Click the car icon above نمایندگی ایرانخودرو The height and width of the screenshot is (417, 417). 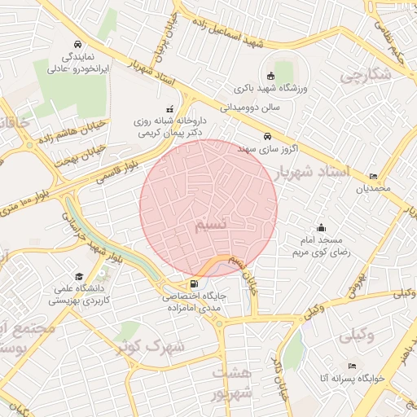click(x=77, y=44)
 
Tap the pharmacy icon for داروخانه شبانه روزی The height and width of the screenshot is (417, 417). click(x=170, y=108)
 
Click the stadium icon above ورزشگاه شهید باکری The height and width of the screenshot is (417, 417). click(x=271, y=76)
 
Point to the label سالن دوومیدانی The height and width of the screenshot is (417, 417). click(x=250, y=106)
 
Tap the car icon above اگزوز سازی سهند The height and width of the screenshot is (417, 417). click(x=268, y=137)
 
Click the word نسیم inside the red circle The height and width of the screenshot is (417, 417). click(x=211, y=223)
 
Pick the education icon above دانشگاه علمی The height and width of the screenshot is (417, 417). click(x=78, y=276)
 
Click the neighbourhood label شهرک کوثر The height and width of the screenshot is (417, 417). click(x=150, y=346)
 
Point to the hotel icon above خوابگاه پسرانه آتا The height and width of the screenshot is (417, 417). click(x=352, y=367)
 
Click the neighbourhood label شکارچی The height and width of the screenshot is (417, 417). click(x=366, y=76)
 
